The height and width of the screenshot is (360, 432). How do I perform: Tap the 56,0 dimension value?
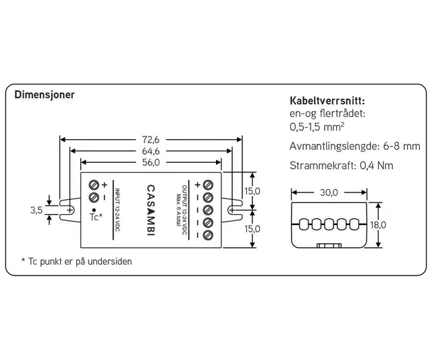point(151,162)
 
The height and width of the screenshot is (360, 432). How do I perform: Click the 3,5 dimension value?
point(36,210)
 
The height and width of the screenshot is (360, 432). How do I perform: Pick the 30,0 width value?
point(329,192)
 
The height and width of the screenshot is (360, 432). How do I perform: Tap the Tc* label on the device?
point(95,217)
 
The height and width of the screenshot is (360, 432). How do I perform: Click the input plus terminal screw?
point(94,185)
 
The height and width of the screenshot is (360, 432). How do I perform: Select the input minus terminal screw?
point(94,197)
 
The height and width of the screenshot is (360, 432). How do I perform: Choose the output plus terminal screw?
point(208,184)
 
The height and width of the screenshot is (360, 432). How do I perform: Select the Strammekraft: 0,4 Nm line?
point(331,165)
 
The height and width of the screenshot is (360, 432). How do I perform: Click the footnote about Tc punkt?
point(76,261)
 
